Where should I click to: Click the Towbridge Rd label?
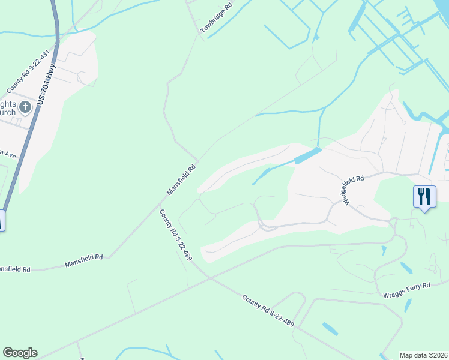216,17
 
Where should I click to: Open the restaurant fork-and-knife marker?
424,196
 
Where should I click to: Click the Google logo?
20,353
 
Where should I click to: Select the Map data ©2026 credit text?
424,355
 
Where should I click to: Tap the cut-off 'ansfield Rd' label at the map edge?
14,269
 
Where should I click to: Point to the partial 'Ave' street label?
7,153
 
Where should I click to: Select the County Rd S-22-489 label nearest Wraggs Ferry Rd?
268,310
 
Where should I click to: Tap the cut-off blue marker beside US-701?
2,220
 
